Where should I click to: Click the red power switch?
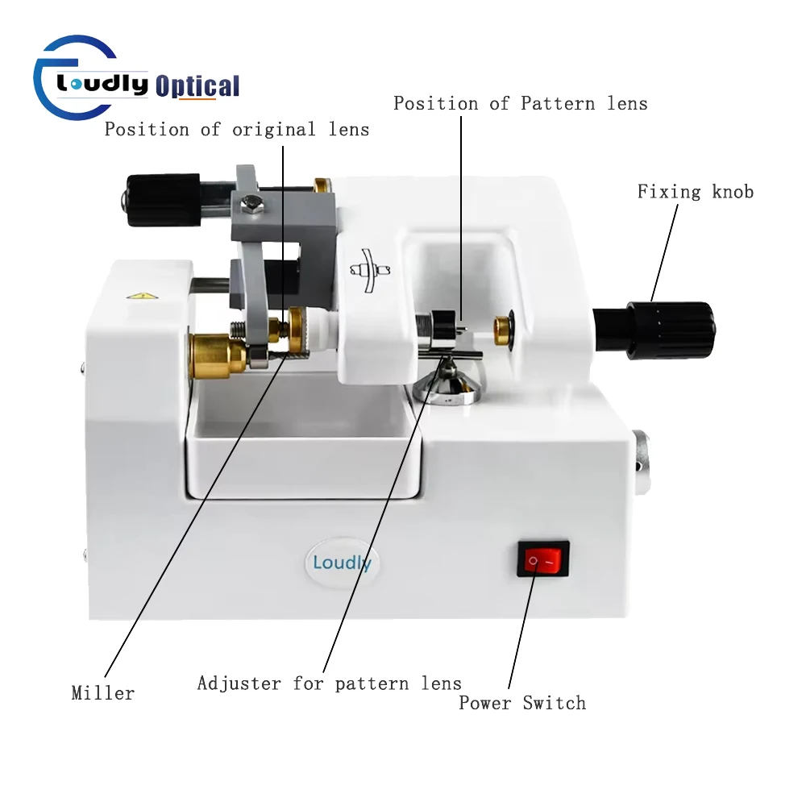[x=542, y=559]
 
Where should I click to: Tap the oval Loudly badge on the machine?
[x=343, y=562]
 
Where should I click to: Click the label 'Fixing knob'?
[x=696, y=192]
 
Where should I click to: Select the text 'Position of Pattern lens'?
[x=520, y=104]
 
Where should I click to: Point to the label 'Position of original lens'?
[x=236, y=130]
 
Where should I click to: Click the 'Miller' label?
[x=102, y=693]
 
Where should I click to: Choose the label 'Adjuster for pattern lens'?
[x=330, y=684]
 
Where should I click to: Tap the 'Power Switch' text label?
[x=522, y=703]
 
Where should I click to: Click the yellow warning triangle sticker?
[x=143, y=296]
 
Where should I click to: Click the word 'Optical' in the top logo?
[x=197, y=85]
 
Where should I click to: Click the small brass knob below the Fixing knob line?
[x=503, y=328]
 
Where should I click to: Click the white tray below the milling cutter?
[x=302, y=451]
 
